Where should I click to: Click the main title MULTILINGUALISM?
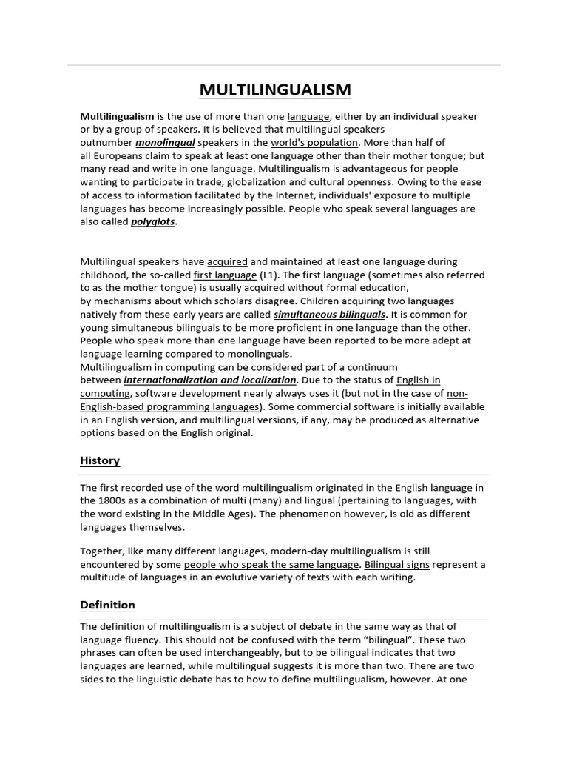pos(275,90)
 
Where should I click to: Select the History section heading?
pos(100,460)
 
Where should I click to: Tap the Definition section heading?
pos(107,605)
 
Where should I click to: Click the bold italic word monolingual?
pos(165,143)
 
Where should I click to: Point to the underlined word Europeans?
pos(118,156)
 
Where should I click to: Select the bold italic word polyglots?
pos(153,222)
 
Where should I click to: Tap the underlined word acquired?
pos(227,261)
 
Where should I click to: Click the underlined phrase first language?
pos(225,275)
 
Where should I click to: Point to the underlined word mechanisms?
pos(123,301)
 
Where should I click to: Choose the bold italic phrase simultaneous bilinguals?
pos(329,315)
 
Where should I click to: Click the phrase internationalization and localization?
pos(209,380)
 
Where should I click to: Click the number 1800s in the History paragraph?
pos(112,500)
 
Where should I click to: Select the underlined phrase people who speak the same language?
pos(271,565)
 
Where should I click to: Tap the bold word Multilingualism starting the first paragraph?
pos(117,116)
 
